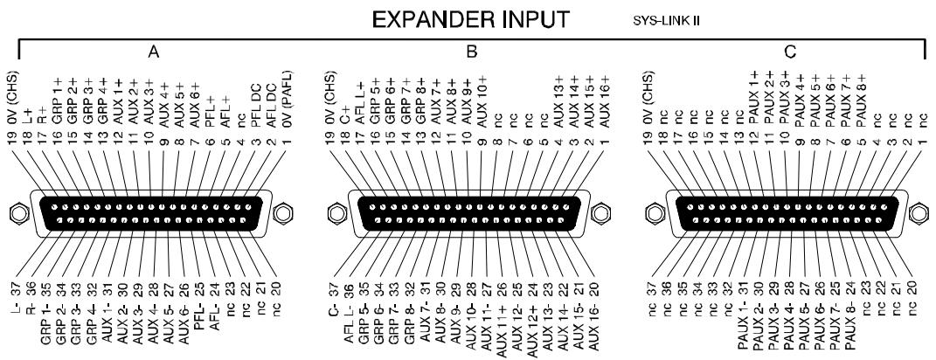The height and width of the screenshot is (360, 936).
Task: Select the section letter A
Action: [154, 53]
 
